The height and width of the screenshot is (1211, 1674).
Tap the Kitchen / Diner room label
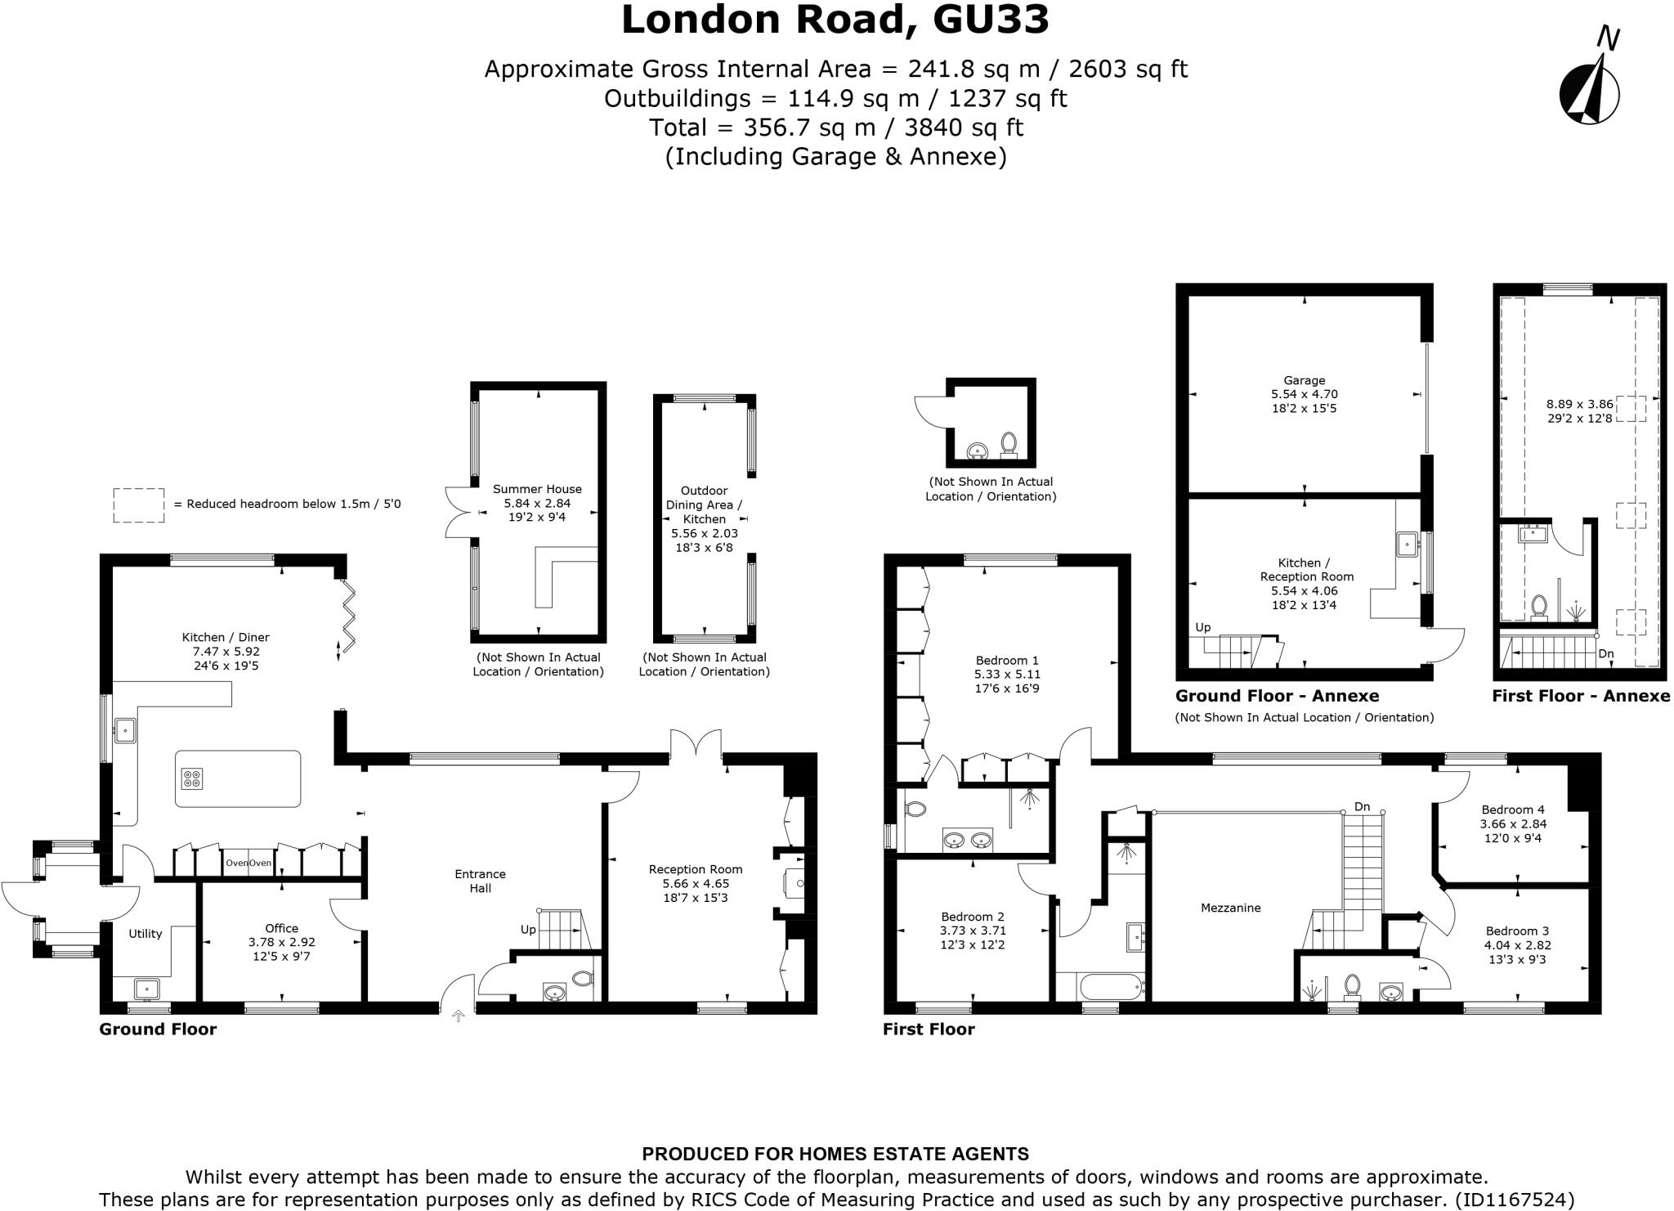226,637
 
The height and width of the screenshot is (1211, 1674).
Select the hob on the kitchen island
192,778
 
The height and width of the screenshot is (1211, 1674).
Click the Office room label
281,928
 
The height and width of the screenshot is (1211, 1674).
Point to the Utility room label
145,933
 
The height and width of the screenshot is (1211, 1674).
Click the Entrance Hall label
480,881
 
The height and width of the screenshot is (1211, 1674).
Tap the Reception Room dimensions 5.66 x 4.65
696,883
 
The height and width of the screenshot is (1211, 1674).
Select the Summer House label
537,489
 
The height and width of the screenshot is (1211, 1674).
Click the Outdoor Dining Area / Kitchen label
704,505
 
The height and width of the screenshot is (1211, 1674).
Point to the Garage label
1304,380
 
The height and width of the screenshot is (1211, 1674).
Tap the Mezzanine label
1230,907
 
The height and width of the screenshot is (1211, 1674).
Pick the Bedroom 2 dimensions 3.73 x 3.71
973,931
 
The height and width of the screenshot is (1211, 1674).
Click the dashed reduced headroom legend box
138,505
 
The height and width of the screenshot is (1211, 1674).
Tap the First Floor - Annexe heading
1581,696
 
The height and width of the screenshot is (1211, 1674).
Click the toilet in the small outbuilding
1009,444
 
